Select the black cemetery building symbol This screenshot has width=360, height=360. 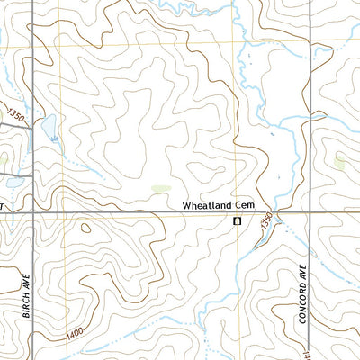tap(238, 220)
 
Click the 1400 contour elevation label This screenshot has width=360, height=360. tap(75, 334)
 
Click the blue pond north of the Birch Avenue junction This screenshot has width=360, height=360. tap(49, 123)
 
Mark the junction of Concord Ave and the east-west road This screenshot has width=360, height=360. tap(310, 213)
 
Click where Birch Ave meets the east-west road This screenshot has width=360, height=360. tap(31, 213)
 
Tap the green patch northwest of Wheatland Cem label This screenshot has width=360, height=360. tap(160, 188)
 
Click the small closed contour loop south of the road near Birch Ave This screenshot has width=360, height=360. tap(85, 227)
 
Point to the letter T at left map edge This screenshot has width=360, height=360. tap(3, 206)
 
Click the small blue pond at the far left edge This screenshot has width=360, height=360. tap(4, 163)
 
